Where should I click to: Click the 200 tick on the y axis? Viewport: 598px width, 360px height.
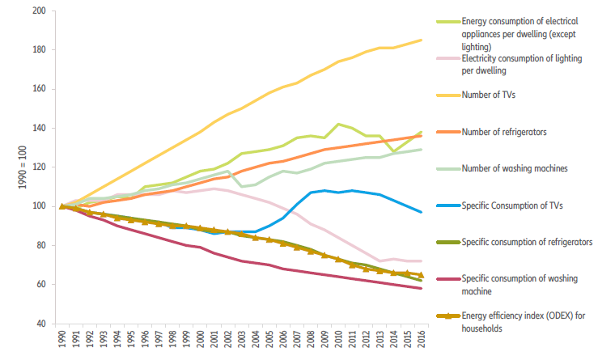39,11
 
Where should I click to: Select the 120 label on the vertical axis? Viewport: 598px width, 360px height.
39,167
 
